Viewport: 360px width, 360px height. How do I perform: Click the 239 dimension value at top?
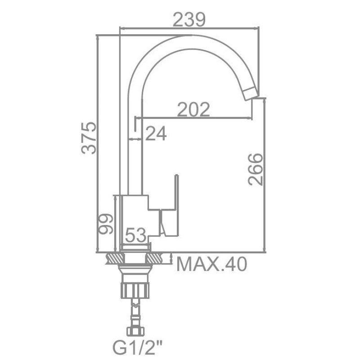point(189,19)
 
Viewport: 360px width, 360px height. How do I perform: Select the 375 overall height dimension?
point(89,138)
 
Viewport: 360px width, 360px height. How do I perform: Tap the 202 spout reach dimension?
point(193,109)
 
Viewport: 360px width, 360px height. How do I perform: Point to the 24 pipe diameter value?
point(156,134)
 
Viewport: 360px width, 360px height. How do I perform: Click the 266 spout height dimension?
point(255,169)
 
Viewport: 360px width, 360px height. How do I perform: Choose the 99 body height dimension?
point(105,224)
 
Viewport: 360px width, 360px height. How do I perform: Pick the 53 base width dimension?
point(136,235)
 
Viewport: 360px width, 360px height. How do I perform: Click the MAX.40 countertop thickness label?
point(211,264)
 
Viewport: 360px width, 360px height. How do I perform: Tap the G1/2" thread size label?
point(137,348)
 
